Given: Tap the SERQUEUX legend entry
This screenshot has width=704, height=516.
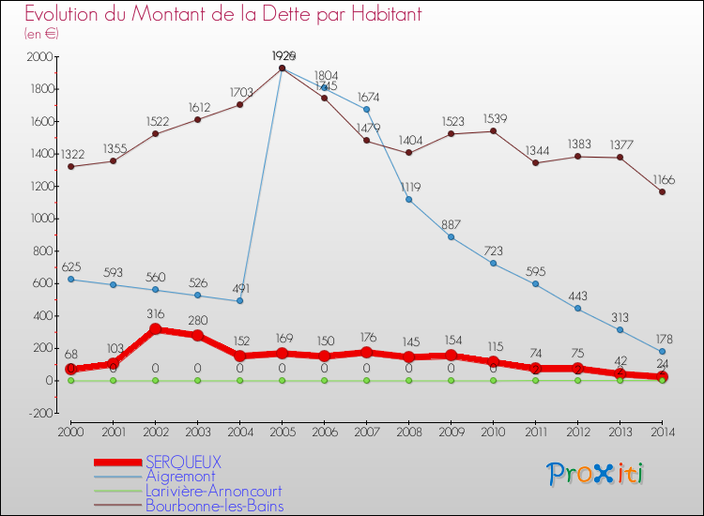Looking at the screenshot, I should (183, 462).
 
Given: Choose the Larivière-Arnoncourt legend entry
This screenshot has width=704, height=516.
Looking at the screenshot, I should (213, 491).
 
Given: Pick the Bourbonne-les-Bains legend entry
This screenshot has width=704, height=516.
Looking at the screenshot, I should (214, 506).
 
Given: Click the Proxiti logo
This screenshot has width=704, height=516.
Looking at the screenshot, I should (596, 474).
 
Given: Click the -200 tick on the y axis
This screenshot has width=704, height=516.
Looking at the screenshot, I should (38, 413).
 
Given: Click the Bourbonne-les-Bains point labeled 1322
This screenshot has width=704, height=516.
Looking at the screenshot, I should (70, 166).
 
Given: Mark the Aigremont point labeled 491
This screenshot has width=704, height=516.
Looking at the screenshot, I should (239, 301).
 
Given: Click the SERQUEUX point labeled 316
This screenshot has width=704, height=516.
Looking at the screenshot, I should (155, 329).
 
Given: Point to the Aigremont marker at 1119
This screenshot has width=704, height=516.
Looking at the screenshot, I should (408, 200).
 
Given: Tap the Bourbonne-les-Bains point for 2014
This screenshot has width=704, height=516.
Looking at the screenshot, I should (662, 191).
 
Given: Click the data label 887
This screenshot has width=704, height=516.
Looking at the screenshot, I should (451, 224).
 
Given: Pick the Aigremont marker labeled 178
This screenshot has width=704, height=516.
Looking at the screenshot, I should (662, 352).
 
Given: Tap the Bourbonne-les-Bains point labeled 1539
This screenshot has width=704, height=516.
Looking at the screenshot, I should (493, 131).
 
